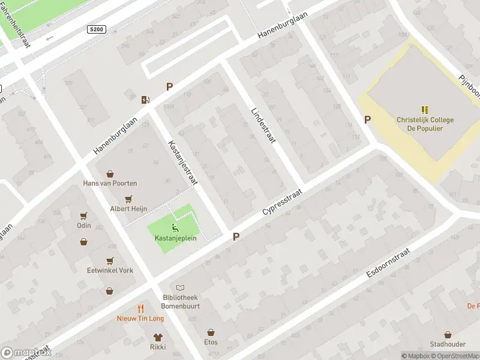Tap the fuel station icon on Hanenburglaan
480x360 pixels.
point(145,100)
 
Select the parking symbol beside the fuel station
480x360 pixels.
point(169,87)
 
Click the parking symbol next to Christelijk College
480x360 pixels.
point(367,119)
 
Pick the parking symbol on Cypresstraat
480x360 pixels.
point(236,237)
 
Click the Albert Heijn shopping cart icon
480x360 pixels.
point(128,199)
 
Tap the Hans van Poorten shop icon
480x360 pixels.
point(110,173)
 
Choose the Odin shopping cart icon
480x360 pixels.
point(83,216)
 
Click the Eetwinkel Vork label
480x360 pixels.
point(110,271)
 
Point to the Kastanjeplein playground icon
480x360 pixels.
point(174,227)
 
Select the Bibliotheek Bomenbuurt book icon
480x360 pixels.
point(181,288)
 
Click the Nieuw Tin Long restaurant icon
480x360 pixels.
point(140,308)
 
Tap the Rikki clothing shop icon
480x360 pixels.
point(158,337)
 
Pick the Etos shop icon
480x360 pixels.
point(211,332)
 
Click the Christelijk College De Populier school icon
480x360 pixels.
point(425,110)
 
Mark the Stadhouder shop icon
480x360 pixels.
point(448,335)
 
